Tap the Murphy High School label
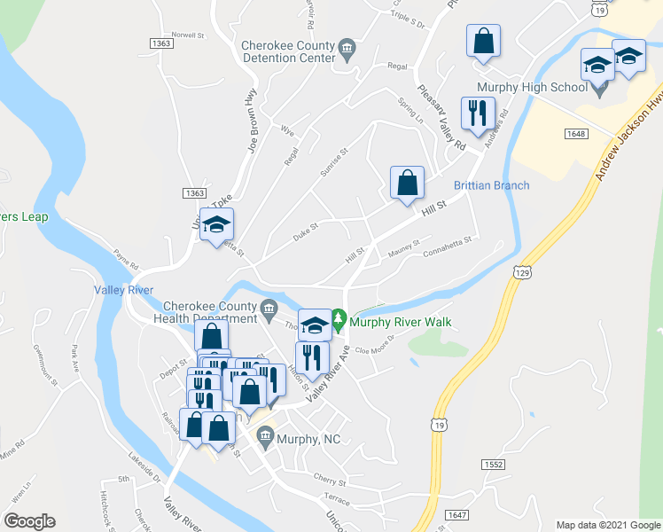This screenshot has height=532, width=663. point(532,87)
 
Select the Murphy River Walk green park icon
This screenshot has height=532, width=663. point(338,317)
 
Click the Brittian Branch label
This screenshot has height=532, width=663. point(491,185)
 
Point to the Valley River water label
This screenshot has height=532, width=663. point(124,290)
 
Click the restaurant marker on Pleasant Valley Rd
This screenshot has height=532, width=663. point(476,114)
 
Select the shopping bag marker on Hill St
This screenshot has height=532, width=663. point(407,184)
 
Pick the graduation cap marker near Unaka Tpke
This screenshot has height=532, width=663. point(215,225)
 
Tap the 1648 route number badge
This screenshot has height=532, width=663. point(575,133)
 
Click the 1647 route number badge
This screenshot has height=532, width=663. point(456,514)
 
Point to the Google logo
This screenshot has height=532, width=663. point(29,521)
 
